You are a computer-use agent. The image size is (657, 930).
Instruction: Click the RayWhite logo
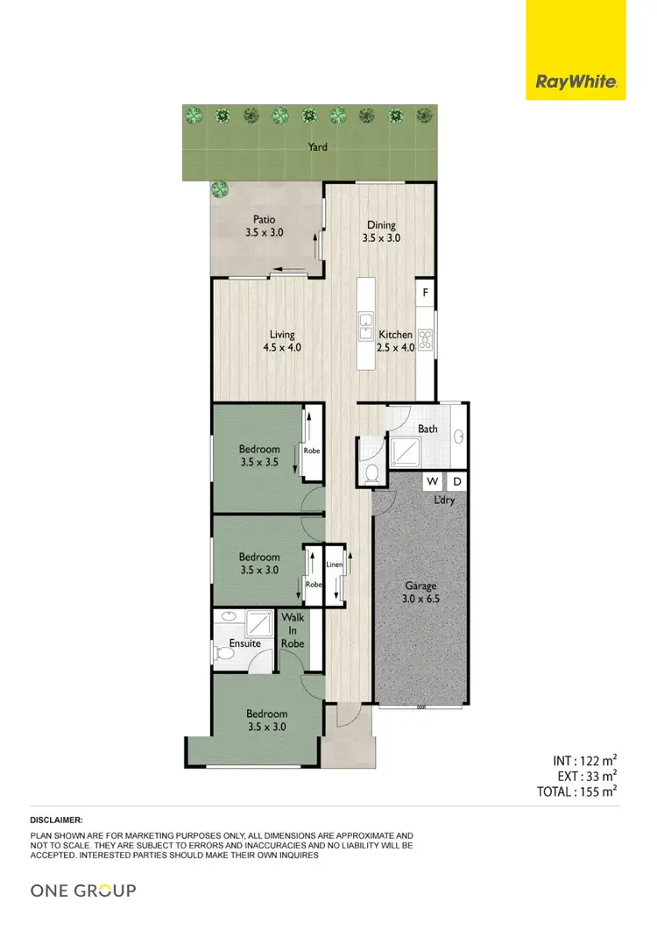click(576, 83)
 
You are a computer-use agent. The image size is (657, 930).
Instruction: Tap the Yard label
click(317, 147)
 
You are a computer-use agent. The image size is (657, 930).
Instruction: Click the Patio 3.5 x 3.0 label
click(265, 226)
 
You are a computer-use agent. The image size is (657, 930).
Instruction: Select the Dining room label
click(382, 231)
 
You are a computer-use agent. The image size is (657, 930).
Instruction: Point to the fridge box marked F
click(426, 293)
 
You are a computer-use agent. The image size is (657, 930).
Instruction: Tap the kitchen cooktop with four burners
click(426, 339)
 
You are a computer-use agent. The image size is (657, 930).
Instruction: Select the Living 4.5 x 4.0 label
click(282, 340)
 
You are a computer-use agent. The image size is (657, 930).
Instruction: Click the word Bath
click(427, 429)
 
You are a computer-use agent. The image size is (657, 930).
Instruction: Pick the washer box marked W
click(433, 482)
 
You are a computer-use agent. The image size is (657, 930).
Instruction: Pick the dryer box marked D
click(456, 482)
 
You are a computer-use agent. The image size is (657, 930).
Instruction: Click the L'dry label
click(445, 500)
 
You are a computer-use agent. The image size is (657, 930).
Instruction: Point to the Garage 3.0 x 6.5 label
click(420, 592)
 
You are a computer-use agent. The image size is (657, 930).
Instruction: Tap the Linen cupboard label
click(334, 564)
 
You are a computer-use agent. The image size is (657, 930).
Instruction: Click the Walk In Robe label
click(293, 630)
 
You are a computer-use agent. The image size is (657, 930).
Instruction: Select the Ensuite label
click(244, 643)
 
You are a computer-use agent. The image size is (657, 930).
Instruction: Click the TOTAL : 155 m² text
click(578, 791)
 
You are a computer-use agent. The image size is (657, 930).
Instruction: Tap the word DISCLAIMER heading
click(57, 819)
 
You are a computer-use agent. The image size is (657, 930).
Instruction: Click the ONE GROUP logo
click(83, 891)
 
